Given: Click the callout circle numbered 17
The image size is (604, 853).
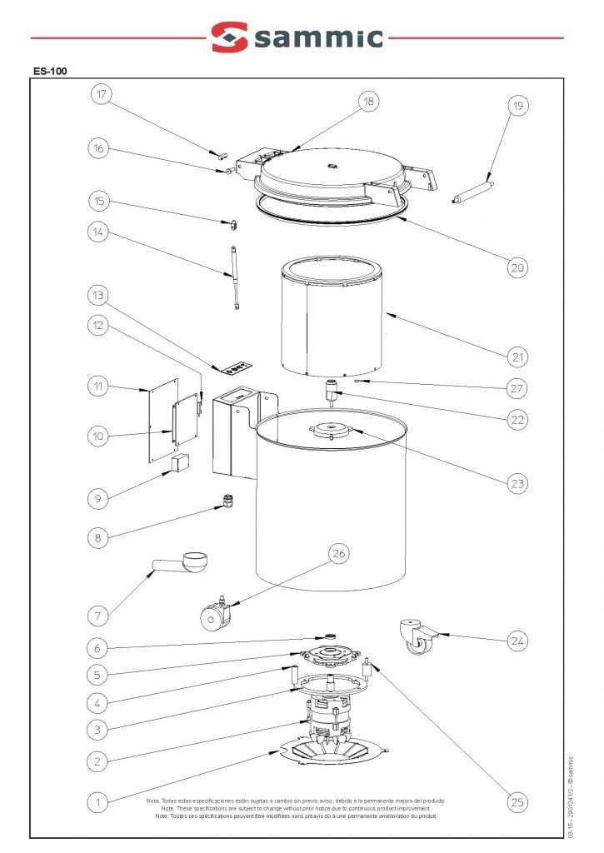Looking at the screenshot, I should tap(102, 94).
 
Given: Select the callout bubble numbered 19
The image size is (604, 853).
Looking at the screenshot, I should tap(518, 106).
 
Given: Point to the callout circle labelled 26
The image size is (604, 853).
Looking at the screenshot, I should tap(339, 553).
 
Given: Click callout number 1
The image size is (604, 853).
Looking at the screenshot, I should tap(97, 803).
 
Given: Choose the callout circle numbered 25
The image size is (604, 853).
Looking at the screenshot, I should tap(518, 803).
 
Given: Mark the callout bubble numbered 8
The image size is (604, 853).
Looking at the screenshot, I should tap(97, 538).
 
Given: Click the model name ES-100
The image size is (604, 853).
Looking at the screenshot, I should tap(51, 71).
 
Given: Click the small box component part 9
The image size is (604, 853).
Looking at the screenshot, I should tap(179, 464).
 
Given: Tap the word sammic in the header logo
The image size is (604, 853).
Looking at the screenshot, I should tap(320, 37).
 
